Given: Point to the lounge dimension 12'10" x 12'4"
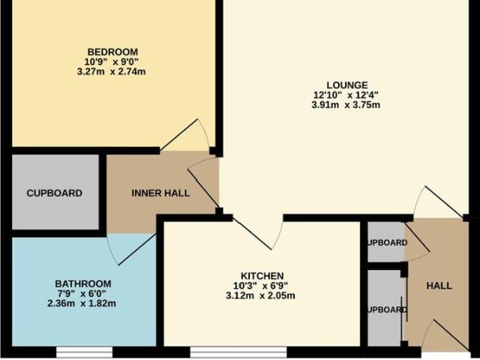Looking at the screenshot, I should [346, 95].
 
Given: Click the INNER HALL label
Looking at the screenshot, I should [160, 193].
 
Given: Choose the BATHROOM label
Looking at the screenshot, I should [84, 283].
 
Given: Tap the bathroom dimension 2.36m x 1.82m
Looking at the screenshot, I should [84, 304].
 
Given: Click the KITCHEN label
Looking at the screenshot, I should [262, 275].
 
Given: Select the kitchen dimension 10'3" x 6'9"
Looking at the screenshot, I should [262, 286].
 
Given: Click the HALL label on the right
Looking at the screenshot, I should [439, 286].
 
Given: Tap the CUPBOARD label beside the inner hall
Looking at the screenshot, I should [54, 193].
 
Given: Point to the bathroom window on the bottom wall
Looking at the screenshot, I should [84, 351].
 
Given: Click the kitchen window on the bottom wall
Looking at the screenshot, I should [238, 351].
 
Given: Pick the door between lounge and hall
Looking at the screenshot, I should [437, 202].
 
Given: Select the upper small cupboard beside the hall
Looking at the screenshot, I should [385, 242].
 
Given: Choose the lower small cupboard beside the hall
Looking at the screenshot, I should [385, 308].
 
